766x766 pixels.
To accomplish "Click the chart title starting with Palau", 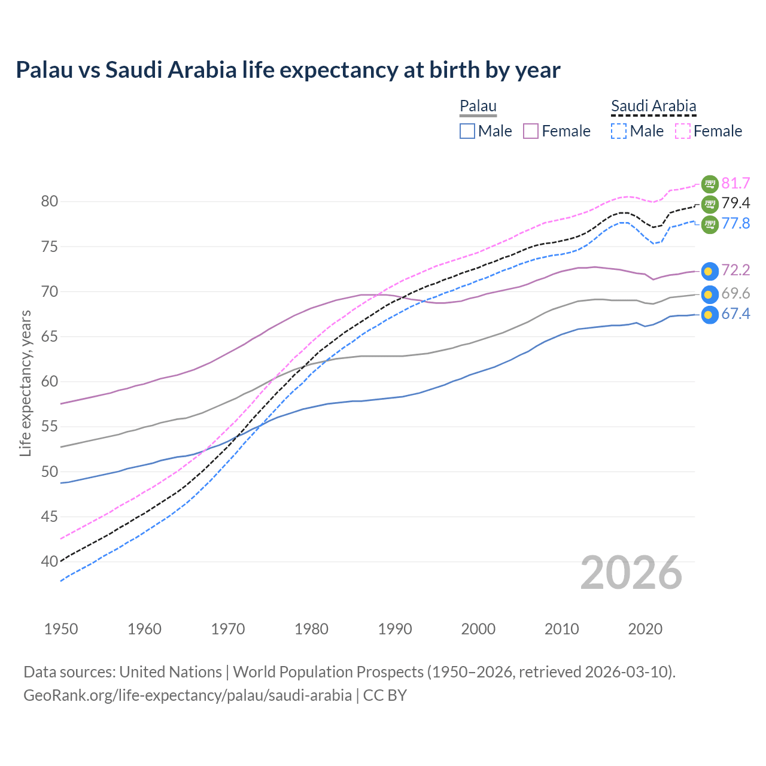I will pyautogui.click(x=288, y=70).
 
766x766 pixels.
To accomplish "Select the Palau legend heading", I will pyautogui.click(x=478, y=106).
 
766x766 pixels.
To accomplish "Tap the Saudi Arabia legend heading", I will pyautogui.click(x=653, y=106).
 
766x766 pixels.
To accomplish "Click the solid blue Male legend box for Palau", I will pyautogui.click(x=467, y=131).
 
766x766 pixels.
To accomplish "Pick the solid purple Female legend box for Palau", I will pyautogui.click(x=531, y=131).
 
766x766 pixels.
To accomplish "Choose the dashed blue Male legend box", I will pyautogui.click(x=619, y=131).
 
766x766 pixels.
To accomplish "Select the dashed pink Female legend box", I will pyautogui.click(x=682, y=131).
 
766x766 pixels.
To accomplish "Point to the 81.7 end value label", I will pyautogui.click(x=735, y=183).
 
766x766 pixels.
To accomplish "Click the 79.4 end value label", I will pyautogui.click(x=735, y=203).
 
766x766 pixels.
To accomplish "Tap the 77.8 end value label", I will pyautogui.click(x=735, y=224).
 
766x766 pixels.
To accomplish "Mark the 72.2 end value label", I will pyautogui.click(x=735, y=270).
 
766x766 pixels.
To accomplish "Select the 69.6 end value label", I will pyautogui.click(x=735, y=293).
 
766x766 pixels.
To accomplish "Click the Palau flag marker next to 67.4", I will pyautogui.click(x=709, y=315).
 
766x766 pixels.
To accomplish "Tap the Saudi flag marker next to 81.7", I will pyautogui.click(x=709, y=184).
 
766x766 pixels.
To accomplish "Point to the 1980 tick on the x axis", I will pyautogui.click(x=311, y=629).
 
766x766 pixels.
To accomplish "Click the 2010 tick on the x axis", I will pyautogui.click(x=561, y=629).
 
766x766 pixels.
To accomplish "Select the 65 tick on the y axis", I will pyautogui.click(x=50, y=337).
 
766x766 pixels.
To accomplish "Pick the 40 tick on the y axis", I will pyautogui.click(x=50, y=562).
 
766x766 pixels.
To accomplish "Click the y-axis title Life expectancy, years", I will pyautogui.click(x=25, y=383).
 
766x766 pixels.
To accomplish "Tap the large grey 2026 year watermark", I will pyautogui.click(x=631, y=573).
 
